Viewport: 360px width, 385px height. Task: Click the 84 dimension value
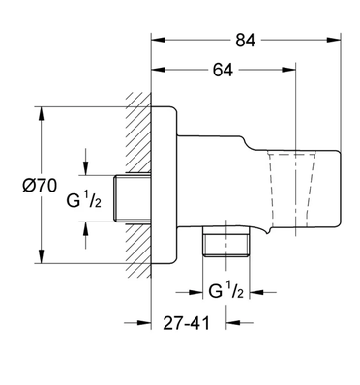tap(245, 41)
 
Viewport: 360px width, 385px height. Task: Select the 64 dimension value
tap(223, 70)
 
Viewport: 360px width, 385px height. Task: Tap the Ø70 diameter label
tap(40, 186)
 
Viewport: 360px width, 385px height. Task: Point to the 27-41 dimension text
tap(186, 323)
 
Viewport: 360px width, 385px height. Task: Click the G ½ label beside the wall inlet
tap(84, 200)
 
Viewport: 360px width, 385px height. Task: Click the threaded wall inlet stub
tap(133, 198)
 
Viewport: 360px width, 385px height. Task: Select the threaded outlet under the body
tap(226, 242)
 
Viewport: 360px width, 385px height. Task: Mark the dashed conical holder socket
tap(291, 191)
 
